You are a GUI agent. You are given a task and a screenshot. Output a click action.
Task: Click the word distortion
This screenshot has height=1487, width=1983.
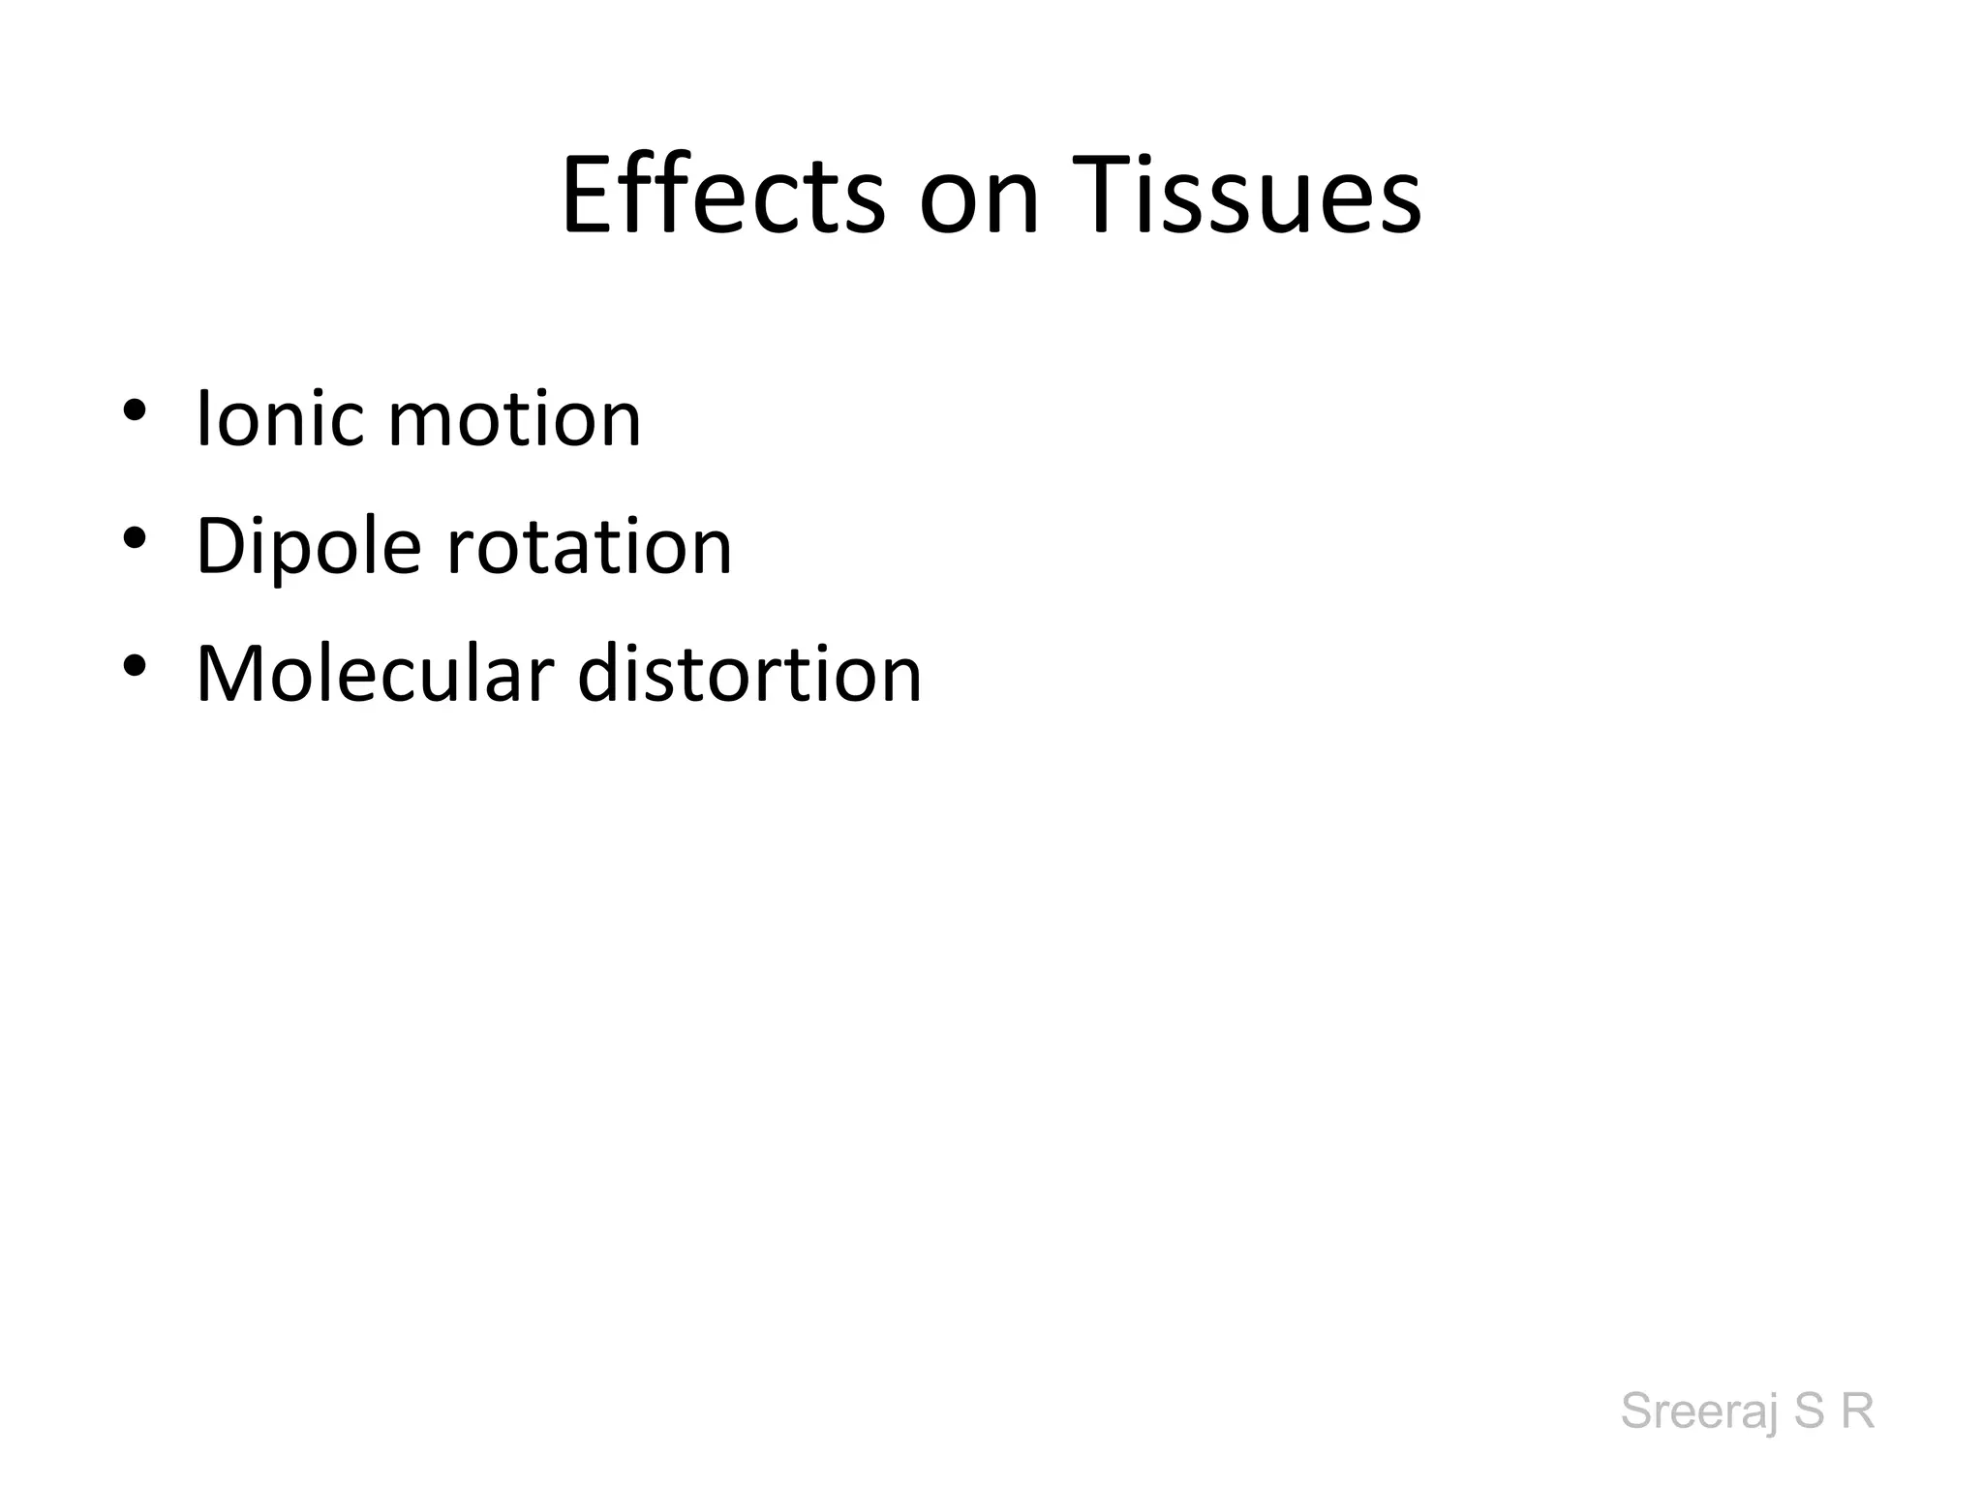click(x=749, y=674)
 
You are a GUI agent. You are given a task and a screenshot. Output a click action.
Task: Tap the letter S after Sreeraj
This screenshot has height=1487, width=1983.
click(x=1809, y=1411)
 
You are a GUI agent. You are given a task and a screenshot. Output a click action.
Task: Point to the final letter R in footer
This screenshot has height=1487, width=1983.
click(x=1857, y=1411)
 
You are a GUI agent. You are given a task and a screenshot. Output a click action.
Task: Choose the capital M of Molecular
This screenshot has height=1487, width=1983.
click(x=231, y=674)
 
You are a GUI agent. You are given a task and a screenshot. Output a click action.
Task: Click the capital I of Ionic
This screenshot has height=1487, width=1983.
click(x=202, y=418)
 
